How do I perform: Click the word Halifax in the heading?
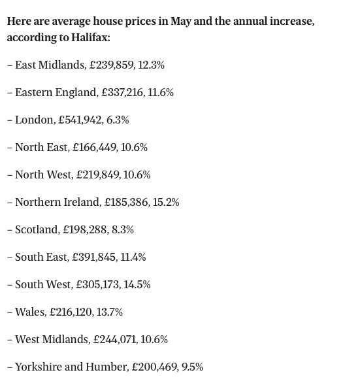(90, 38)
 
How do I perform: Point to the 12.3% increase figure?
(151, 65)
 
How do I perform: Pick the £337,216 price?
(123, 93)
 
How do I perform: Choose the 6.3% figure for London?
(118, 120)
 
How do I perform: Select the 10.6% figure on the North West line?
(137, 175)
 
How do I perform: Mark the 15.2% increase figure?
(166, 203)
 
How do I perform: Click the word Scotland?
(37, 230)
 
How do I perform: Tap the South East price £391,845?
(95, 258)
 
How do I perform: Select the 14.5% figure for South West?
(137, 285)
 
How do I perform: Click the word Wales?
(31, 312)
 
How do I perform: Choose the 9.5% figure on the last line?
(193, 367)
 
